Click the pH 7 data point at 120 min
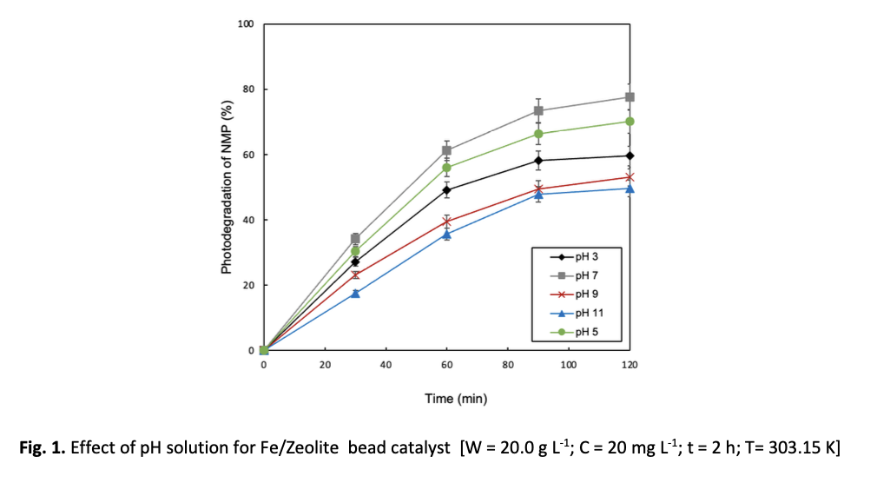(x=630, y=97)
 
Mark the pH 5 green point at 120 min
(x=630, y=122)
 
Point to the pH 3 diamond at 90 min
(x=538, y=161)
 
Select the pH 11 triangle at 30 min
(x=355, y=294)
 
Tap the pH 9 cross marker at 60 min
(x=447, y=222)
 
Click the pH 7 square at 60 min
(x=447, y=150)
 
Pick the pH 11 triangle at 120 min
(x=630, y=189)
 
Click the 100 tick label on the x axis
(x=569, y=365)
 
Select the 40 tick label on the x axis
(x=386, y=365)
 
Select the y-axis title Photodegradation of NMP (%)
(x=227, y=187)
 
